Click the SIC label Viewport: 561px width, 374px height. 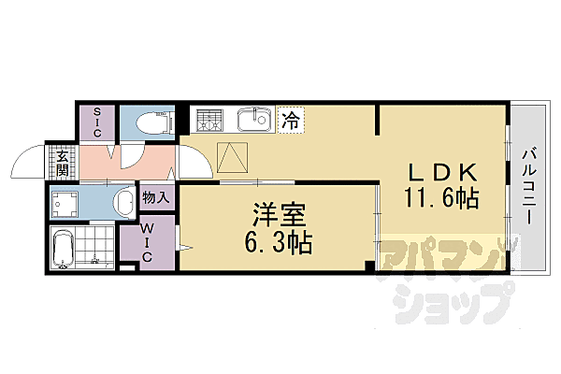click(x=95, y=122)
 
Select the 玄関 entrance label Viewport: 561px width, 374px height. click(x=62, y=164)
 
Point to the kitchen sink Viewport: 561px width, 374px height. click(x=252, y=121)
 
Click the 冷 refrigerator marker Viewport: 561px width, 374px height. click(x=291, y=120)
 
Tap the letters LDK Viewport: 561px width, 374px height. click(x=442, y=173)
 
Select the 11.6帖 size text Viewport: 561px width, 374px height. click(x=442, y=198)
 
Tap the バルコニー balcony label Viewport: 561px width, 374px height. click(x=528, y=187)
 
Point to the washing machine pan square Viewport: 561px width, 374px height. click(x=66, y=202)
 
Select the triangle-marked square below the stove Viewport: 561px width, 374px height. click(x=233, y=158)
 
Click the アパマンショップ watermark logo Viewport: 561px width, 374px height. click(x=448, y=276)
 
